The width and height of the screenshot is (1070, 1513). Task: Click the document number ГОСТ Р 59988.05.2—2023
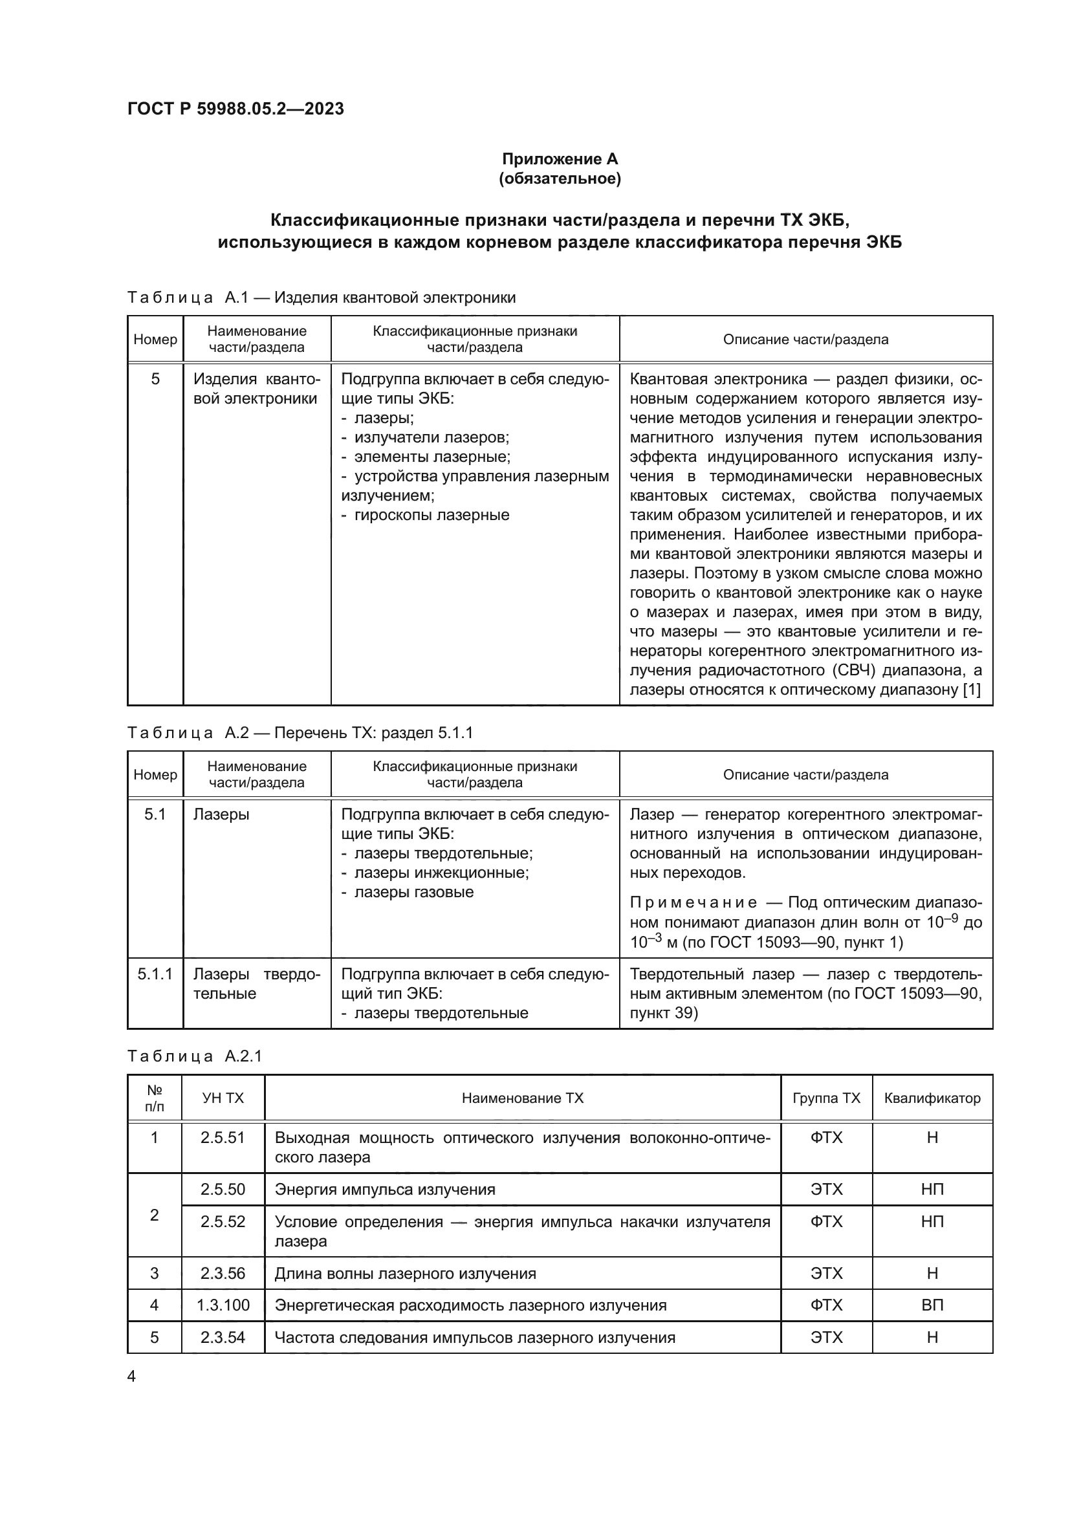coord(235,109)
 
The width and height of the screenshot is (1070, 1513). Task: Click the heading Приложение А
coord(560,159)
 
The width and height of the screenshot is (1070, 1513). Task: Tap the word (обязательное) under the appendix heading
coord(560,179)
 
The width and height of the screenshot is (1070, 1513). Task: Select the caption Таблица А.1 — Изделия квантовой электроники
coord(321,297)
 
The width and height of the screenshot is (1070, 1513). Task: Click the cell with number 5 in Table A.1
coord(155,379)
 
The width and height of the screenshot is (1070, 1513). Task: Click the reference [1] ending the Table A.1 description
coord(971,690)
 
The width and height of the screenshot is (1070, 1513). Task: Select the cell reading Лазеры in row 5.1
coord(221,814)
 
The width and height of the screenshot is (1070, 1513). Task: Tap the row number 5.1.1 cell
coord(155,974)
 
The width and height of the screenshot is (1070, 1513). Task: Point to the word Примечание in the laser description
coord(693,903)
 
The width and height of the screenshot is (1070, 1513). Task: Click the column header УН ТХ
coord(223,1098)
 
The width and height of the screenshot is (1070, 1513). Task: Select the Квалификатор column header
coord(932,1098)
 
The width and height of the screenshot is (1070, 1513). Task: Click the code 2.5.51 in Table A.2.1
coord(223,1138)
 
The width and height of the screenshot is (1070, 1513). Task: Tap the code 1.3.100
coord(223,1305)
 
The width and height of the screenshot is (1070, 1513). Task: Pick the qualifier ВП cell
coord(932,1305)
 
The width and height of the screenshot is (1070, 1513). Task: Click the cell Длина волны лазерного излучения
coord(405,1273)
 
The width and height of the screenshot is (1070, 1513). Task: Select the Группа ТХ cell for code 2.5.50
coord(826,1190)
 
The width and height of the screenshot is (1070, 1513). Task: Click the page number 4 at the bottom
coord(131,1377)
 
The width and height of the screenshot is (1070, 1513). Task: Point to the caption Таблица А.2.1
coord(195,1056)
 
